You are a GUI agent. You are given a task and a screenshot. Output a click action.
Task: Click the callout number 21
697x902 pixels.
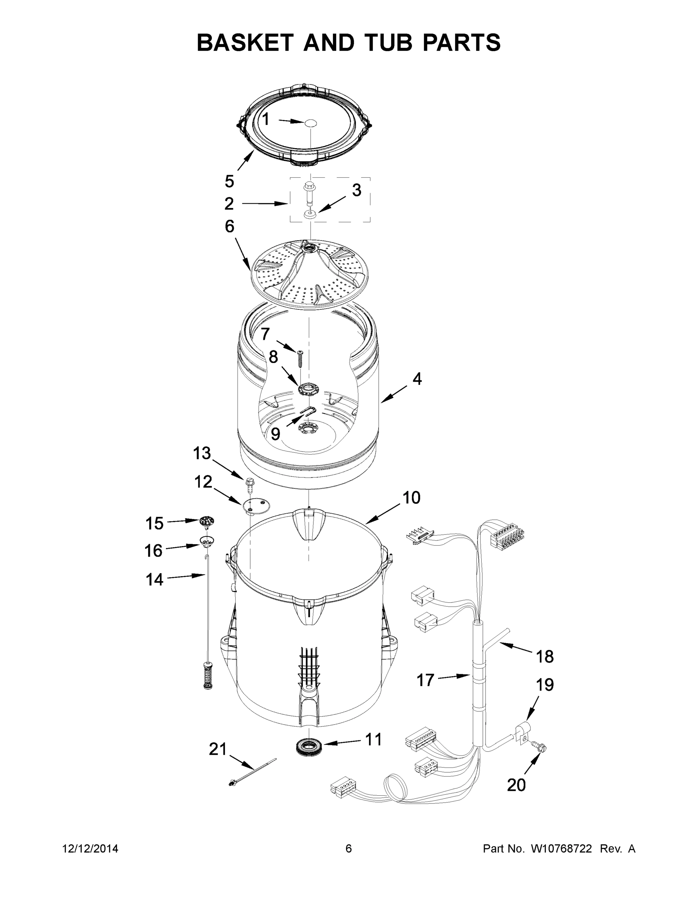pyautogui.click(x=218, y=749)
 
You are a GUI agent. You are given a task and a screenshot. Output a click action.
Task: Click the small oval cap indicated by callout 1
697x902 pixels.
pyautogui.click(x=310, y=123)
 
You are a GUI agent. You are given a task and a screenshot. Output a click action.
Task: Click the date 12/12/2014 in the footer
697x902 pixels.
pyautogui.click(x=90, y=849)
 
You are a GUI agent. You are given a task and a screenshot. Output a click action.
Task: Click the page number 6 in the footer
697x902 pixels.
pyautogui.click(x=349, y=849)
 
